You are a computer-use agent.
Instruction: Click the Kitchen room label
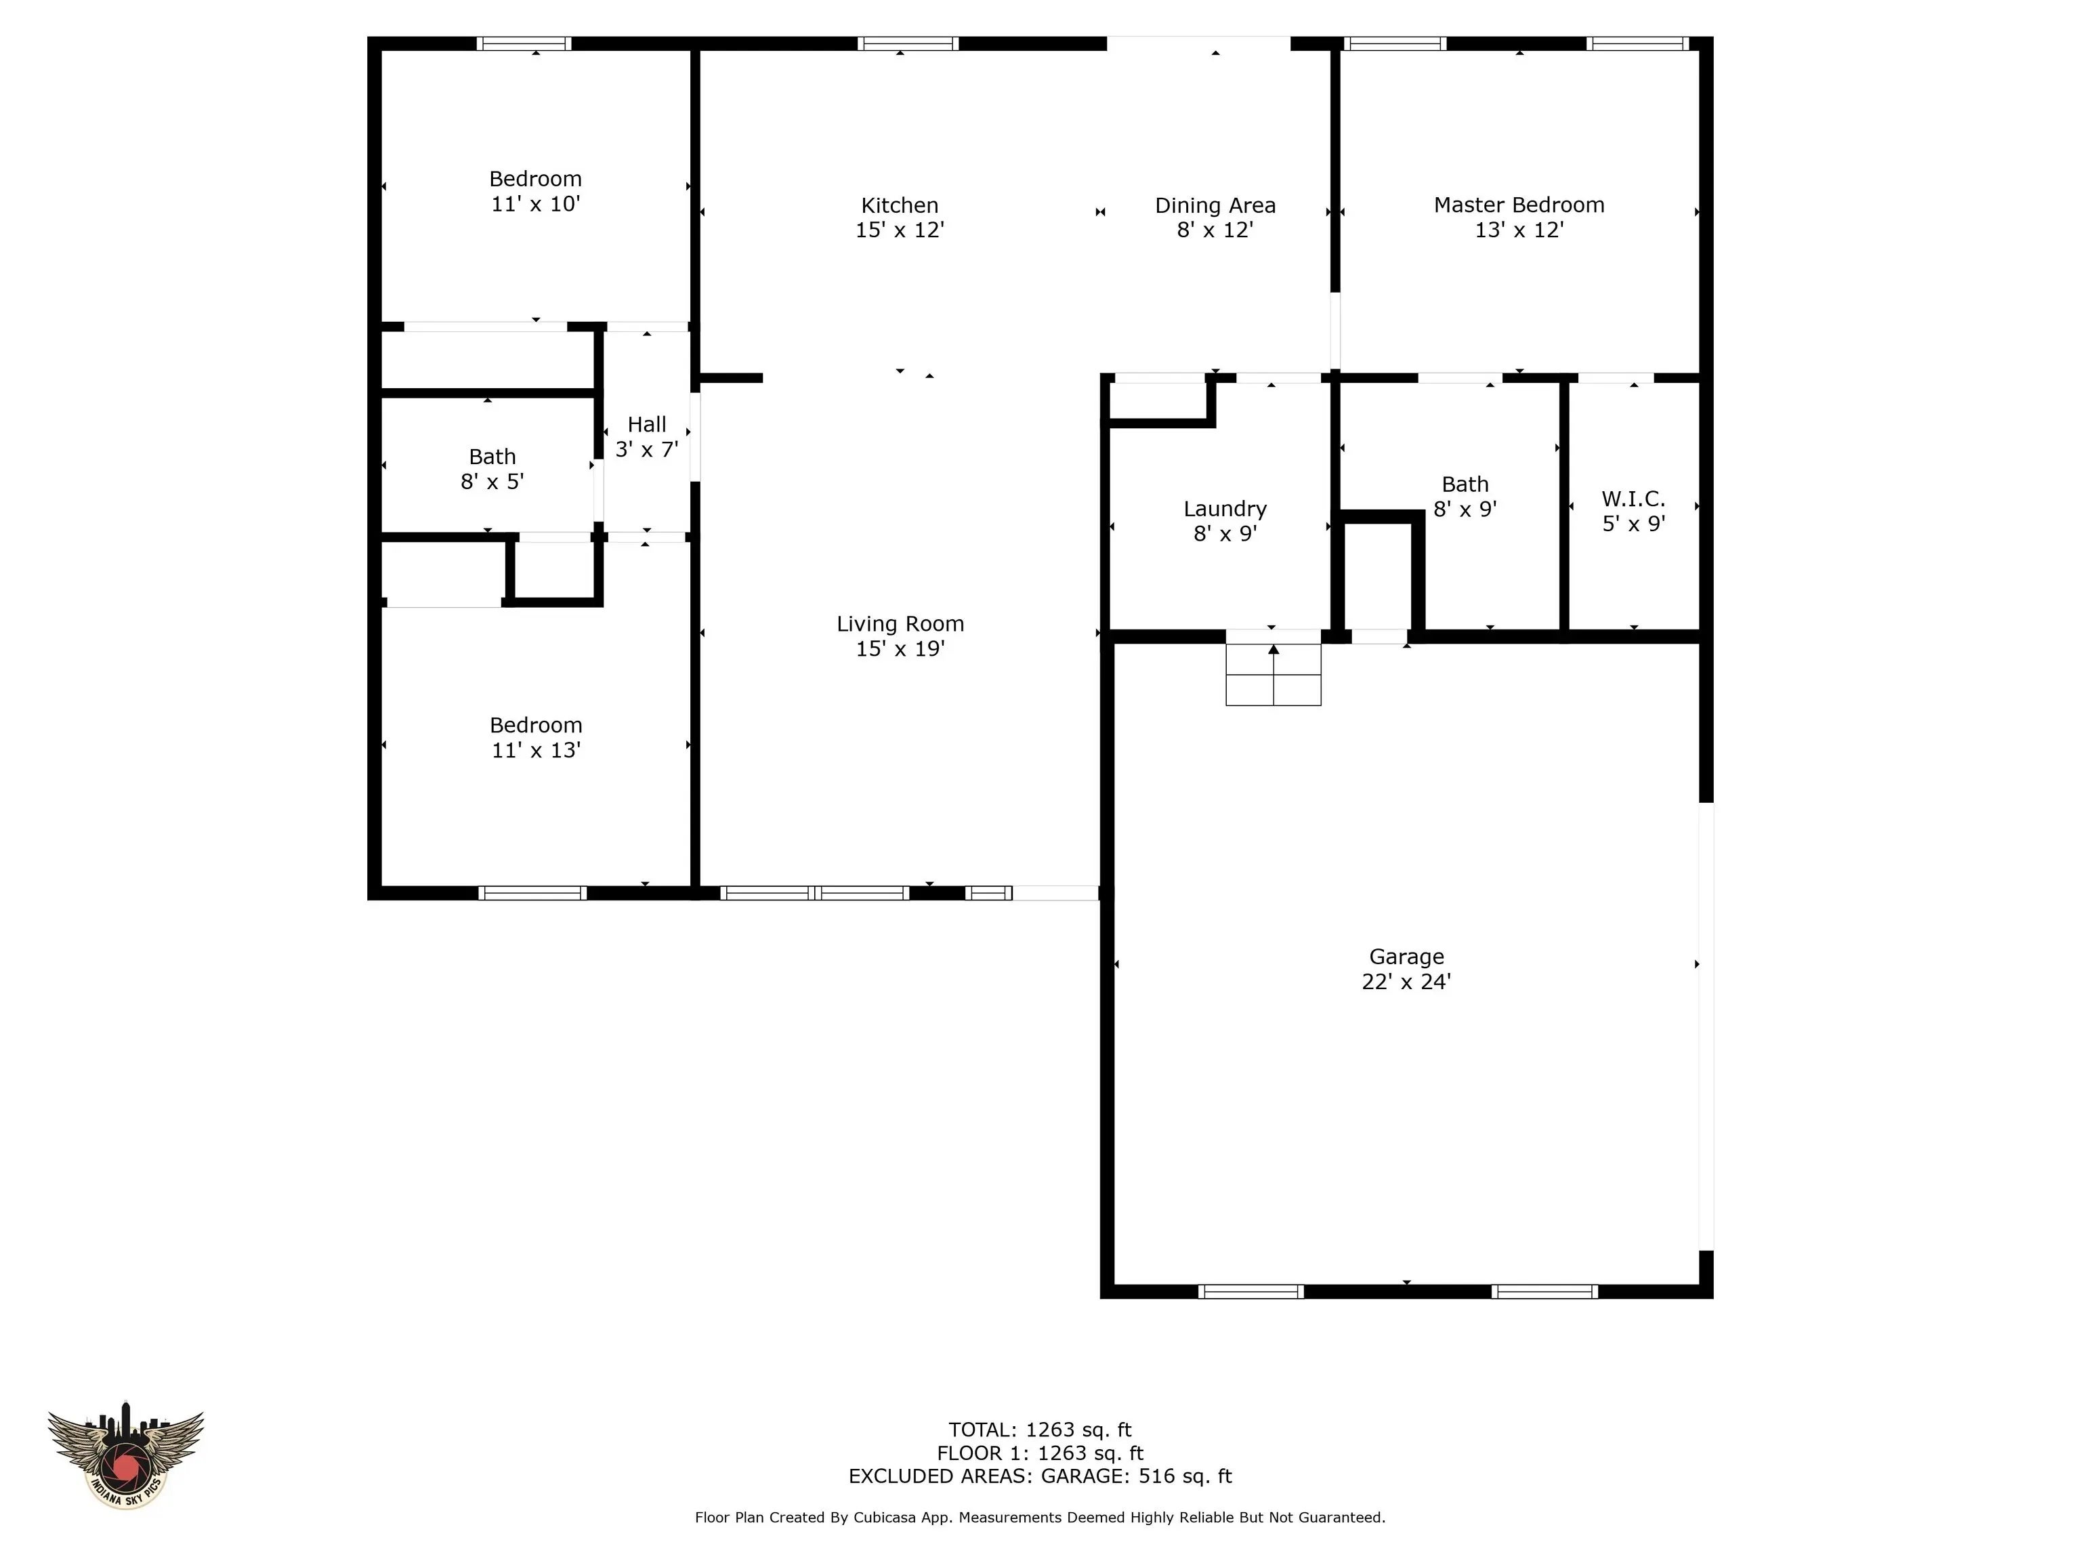[x=900, y=205]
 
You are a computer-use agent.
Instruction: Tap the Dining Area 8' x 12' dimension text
[x=1215, y=230]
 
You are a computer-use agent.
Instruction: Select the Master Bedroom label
[x=1519, y=205]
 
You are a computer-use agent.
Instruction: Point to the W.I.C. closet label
[x=1633, y=499]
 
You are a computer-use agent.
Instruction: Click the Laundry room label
[x=1225, y=509]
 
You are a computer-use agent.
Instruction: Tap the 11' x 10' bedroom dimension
[x=535, y=204]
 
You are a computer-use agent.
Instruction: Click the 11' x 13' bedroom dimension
[x=535, y=751]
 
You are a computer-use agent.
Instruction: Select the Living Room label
[x=900, y=624]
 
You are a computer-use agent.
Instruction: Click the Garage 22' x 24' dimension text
[x=1406, y=982]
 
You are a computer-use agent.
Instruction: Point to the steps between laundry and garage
[x=1273, y=675]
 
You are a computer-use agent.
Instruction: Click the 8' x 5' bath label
[x=492, y=470]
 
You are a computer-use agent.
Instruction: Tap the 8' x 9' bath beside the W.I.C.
[x=1465, y=497]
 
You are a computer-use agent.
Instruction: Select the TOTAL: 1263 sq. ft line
[x=1040, y=1430]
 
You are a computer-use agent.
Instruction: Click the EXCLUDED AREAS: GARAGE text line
[x=1040, y=1476]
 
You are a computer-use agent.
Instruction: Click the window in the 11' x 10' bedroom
[x=524, y=43]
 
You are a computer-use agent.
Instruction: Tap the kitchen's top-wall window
[x=908, y=43]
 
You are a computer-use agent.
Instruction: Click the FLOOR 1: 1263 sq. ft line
[x=1040, y=1454]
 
